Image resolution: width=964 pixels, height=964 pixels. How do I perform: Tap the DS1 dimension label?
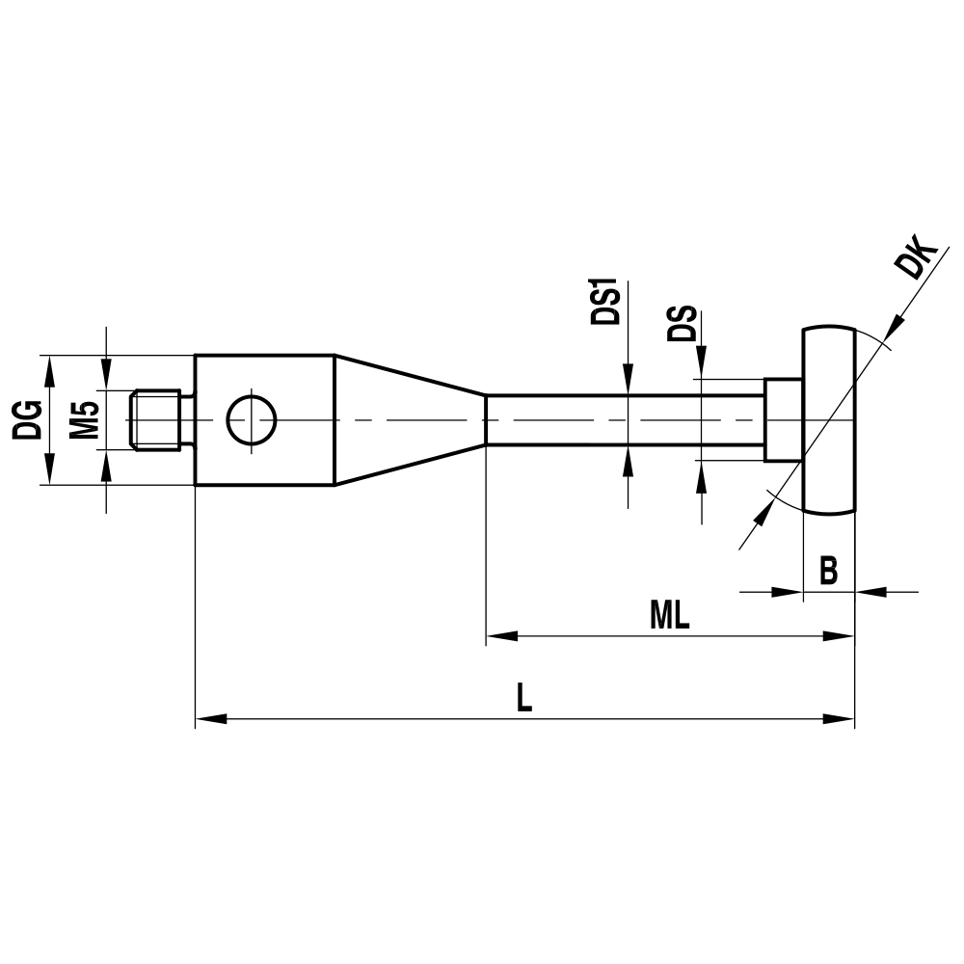(x=605, y=303)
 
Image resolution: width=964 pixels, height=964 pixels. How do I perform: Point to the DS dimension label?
(x=683, y=326)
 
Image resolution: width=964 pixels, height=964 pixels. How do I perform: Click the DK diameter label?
(x=917, y=262)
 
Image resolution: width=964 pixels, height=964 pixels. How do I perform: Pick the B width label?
(x=828, y=571)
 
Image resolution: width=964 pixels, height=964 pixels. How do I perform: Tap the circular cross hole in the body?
(x=252, y=420)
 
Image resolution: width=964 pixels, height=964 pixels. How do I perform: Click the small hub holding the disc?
(x=783, y=420)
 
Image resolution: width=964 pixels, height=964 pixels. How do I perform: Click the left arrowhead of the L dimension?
(x=210, y=718)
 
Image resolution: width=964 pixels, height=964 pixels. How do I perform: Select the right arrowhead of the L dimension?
(x=841, y=718)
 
